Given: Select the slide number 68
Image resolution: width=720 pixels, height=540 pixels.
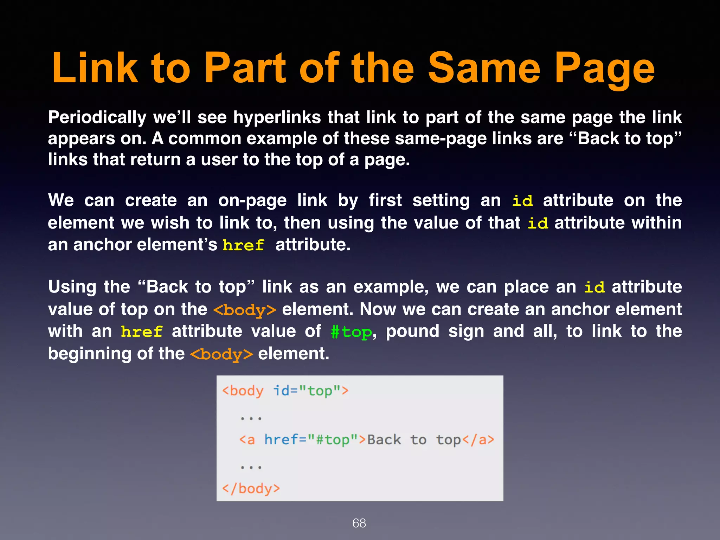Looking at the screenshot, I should (359, 523).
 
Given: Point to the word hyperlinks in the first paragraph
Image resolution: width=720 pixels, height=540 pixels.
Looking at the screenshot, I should (277, 117).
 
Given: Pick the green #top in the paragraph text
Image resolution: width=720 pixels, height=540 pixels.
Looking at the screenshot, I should (351, 332).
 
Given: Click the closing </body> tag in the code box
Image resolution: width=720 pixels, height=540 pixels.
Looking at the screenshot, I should (251, 489).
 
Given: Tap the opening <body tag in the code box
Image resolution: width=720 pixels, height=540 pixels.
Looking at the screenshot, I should (243, 391).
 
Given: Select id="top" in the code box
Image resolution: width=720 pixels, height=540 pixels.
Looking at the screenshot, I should (311, 391).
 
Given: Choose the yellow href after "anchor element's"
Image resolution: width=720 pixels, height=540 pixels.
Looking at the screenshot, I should (243, 245).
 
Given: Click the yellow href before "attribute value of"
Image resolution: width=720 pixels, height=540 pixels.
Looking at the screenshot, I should (142, 332).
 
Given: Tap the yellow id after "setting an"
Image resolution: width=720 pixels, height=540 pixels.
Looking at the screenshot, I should (522, 201).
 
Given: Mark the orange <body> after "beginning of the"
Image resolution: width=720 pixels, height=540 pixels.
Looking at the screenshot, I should (221, 354).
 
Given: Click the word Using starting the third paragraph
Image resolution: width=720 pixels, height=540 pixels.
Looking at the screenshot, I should (72, 287).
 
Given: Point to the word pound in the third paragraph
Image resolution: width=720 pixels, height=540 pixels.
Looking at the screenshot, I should (413, 332).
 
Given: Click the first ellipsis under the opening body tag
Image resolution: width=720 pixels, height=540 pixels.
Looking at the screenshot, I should (251, 418).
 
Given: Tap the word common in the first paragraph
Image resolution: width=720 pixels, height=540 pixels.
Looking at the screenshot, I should (204, 139).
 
